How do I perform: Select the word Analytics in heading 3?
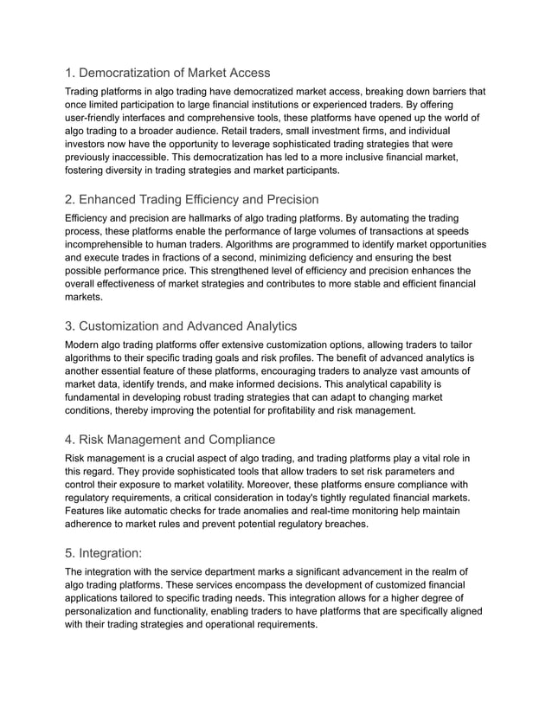pyautogui.click(x=266, y=326)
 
